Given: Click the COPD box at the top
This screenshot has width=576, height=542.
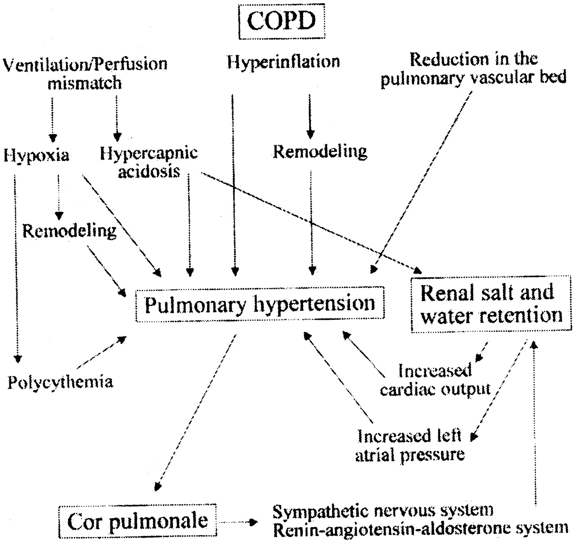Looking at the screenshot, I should pos(282,21).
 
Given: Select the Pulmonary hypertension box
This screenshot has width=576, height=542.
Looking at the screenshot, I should pos(260,305).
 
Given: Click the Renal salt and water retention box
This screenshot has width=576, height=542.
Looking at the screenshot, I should pos(491,305).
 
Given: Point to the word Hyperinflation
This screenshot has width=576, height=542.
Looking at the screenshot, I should pos(283,61).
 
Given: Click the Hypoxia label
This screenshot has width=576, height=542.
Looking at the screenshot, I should pos(36,156).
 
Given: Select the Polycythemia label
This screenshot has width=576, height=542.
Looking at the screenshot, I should pos(60,382).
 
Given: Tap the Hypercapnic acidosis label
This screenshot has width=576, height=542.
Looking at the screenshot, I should pos(149,162).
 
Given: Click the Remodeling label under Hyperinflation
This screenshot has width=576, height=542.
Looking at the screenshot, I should pos(320,152).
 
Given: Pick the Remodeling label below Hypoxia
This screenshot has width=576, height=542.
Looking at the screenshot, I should pos(69,231).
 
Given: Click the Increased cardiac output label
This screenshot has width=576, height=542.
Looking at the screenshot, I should pos(435,380).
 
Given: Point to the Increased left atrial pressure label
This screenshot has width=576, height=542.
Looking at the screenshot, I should pos(409,445).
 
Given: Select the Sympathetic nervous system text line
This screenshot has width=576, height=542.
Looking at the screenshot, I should pos(383,511).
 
